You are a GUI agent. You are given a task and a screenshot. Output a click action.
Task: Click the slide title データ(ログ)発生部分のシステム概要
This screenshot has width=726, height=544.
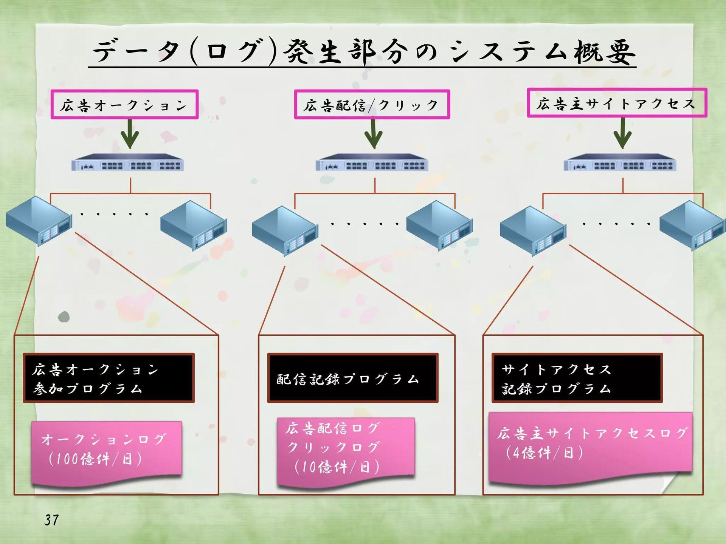pyautogui.click(x=363, y=52)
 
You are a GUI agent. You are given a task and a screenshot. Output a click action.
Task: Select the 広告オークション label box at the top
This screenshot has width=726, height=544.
pyautogui.click(x=124, y=105)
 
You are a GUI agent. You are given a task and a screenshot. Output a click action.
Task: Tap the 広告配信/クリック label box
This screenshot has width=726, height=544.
pyautogui.click(x=372, y=105)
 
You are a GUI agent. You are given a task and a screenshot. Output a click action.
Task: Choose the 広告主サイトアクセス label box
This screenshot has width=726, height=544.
pyautogui.click(x=616, y=103)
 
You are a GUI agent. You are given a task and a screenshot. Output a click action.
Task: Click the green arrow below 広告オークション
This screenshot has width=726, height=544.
pyautogui.click(x=130, y=134)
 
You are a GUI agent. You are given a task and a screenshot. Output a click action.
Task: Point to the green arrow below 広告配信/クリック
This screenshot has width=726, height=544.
pyautogui.click(x=373, y=134)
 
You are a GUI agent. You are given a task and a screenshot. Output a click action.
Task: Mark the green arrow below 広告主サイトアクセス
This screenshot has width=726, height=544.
pyautogui.click(x=622, y=133)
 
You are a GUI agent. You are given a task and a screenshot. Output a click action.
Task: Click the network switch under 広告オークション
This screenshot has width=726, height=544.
pyautogui.click(x=128, y=163)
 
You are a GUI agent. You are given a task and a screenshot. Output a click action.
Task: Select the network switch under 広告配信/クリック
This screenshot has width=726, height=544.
pyautogui.click(x=372, y=163)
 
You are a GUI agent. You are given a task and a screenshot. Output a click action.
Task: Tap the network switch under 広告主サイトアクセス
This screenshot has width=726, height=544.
pyautogui.click(x=620, y=163)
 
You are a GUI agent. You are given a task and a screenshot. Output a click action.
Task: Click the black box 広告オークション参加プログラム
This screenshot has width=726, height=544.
pyautogui.click(x=109, y=378)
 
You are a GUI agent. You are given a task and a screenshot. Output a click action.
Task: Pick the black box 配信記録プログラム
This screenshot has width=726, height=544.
pyautogui.click(x=352, y=378)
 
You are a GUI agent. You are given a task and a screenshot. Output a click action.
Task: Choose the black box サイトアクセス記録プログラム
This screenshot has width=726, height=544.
pyautogui.click(x=577, y=378)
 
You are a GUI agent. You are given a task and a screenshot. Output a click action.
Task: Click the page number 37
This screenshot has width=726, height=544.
pyautogui.click(x=51, y=520)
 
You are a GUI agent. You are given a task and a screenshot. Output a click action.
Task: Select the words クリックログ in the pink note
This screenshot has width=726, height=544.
pyautogui.click(x=333, y=447)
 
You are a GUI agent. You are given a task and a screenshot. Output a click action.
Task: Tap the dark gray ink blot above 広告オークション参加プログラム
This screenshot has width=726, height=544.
pyautogui.click(x=64, y=317)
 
